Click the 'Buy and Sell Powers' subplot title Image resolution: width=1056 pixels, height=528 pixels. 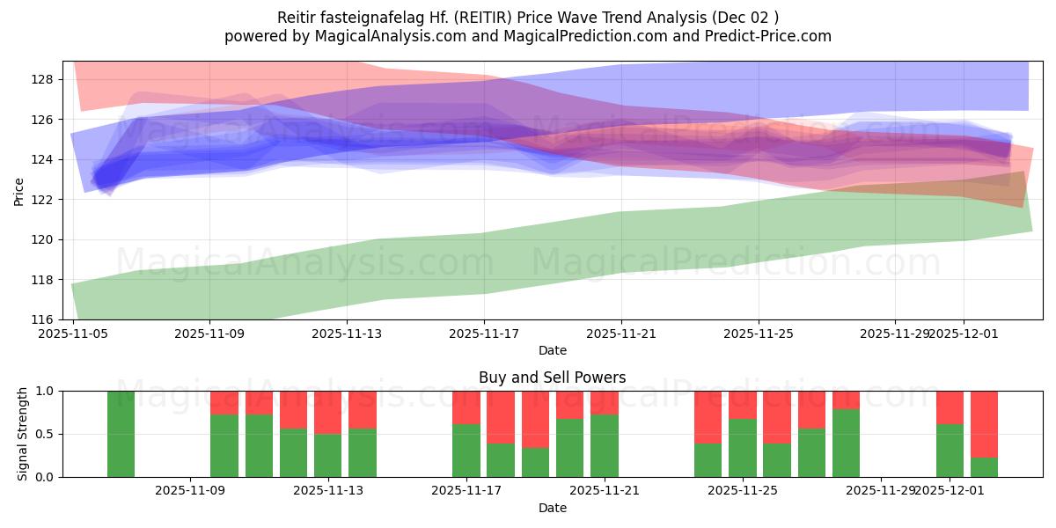click(552, 378)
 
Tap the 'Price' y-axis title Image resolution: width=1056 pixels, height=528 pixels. click(19, 191)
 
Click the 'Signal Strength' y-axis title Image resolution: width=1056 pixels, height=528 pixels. click(23, 434)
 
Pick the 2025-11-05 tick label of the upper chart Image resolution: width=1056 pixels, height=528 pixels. click(72, 334)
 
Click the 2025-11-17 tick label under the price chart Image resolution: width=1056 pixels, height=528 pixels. click(484, 334)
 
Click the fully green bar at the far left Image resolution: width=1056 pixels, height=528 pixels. click(121, 434)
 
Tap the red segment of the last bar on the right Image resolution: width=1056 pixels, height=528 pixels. click(984, 423)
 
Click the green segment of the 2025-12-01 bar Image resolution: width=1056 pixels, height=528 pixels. click(950, 451)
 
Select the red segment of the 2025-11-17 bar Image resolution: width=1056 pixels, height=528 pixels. click(466, 407)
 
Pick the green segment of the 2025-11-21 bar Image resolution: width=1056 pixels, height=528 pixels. click(604, 445)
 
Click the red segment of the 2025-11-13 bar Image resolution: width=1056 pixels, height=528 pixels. click(328, 412)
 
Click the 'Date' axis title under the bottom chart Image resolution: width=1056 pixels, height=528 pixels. click(552, 508)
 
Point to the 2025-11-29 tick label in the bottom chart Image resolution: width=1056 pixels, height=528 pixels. click(880, 491)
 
